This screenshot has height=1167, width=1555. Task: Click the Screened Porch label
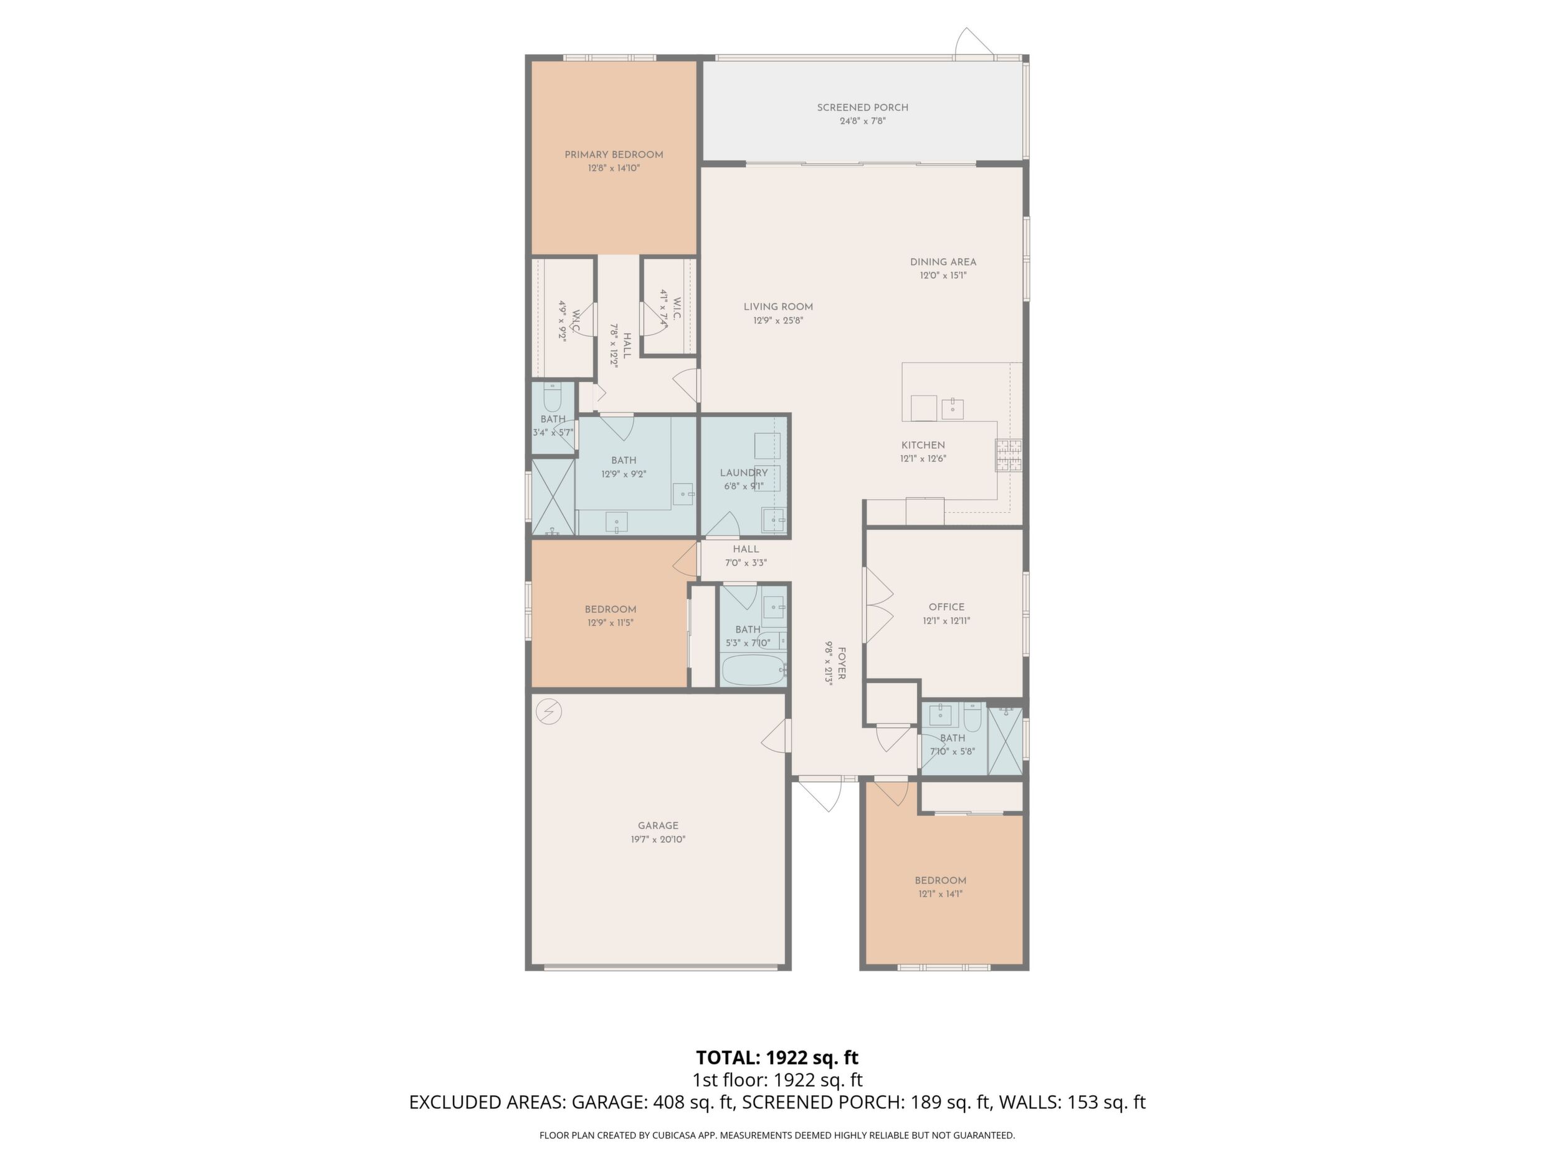863,108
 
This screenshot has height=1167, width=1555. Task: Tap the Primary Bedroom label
614,155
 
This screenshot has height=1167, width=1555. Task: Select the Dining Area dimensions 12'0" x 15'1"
943,276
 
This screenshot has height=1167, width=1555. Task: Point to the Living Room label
778,307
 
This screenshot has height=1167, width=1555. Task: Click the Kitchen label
923,445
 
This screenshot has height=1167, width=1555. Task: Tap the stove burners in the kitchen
1008,455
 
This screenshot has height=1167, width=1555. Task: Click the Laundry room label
744,473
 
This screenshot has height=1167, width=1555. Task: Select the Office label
946,607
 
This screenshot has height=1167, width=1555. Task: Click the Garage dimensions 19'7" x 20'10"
658,839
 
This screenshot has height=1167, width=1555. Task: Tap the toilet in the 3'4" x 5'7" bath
553,398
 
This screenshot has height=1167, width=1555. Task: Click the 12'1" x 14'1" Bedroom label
941,881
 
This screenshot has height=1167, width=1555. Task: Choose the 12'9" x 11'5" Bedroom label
610,610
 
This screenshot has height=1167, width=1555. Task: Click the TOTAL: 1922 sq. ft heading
777,1058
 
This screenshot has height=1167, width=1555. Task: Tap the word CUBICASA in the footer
679,1135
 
